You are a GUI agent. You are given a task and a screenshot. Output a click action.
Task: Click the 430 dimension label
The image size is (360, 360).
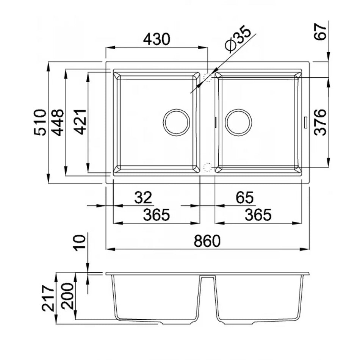tap(157, 39)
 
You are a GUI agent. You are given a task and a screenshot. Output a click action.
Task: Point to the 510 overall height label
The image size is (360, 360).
tap(40, 122)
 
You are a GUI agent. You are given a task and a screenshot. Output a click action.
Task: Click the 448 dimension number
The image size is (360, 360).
tap(57, 123)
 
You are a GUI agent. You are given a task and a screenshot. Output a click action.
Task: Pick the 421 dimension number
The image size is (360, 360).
tap(80, 122)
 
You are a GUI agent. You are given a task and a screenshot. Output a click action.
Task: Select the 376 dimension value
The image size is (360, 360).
tap(320, 122)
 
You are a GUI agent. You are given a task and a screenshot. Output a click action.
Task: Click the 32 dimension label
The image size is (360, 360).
tap(143, 197)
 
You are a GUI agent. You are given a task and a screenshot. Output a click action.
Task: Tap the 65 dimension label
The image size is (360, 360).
tap(245, 197)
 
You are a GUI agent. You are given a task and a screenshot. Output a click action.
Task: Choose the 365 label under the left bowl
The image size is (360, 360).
tap(157, 215)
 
